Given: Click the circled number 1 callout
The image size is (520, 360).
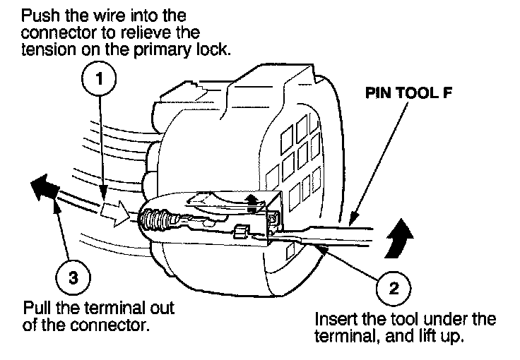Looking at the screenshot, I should [100, 80].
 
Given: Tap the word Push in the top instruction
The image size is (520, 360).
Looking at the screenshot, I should [40, 15].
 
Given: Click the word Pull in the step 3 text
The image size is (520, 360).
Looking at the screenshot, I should [37, 308].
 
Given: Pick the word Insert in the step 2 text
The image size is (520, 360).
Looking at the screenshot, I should [333, 318].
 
